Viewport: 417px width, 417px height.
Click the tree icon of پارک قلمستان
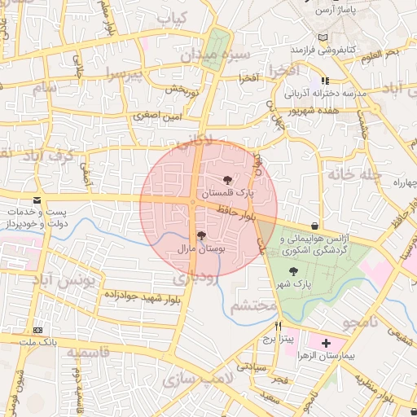pos(227,181)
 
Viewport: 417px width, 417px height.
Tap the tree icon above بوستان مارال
pos(201,235)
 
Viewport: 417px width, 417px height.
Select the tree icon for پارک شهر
pos(294,271)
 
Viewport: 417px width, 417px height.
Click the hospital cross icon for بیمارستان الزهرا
pos(327,344)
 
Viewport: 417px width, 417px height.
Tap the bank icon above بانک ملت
pos(37,331)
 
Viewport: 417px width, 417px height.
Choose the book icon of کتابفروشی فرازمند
pos(323,39)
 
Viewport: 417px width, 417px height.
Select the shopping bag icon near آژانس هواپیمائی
pos(315,226)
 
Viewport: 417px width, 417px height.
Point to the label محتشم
pos(254,307)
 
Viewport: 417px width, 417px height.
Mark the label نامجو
pos(362,323)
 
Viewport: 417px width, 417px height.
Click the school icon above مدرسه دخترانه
pos(325,81)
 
